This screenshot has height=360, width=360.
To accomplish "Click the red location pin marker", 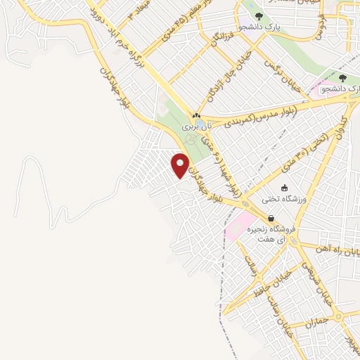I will tap(180, 165).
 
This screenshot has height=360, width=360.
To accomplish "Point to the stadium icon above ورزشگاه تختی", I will tap(284, 188).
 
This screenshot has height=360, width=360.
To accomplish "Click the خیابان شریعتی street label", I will tap(312, 280).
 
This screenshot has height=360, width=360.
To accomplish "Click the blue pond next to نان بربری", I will tap(202, 124).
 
